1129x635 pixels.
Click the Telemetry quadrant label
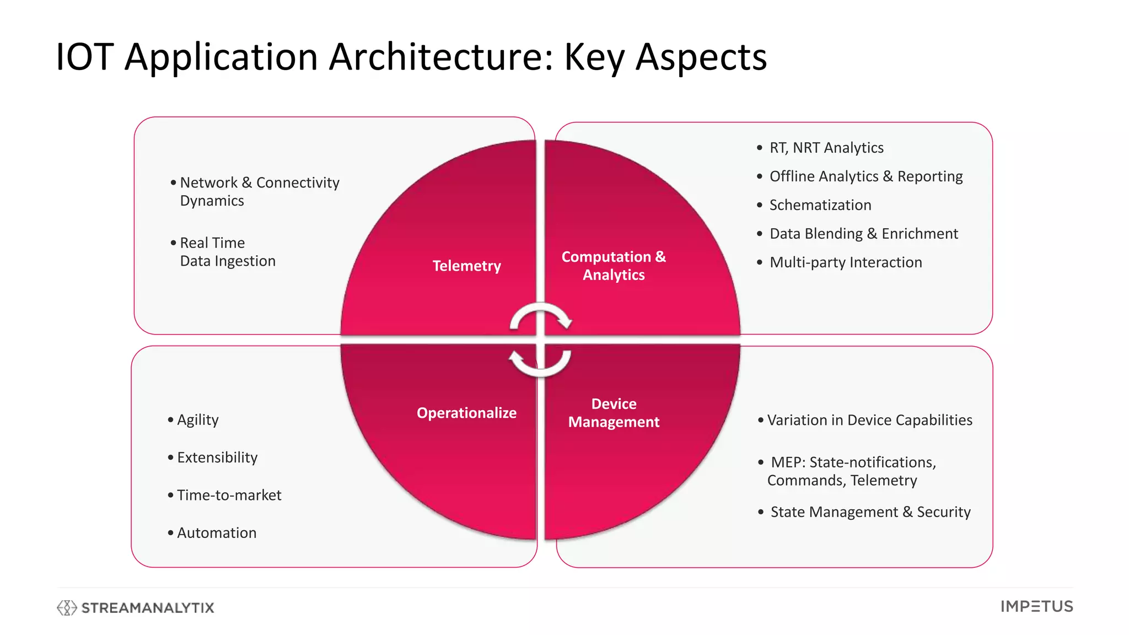tap(466, 266)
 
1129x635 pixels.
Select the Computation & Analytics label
tap(614, 266)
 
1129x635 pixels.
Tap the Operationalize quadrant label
tap(466, 413)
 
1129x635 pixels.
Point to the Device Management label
tap(614, 413)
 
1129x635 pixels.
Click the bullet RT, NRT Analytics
tap(826, 148)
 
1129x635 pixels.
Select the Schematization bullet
tap(820, 205)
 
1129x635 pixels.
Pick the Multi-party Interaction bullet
tap(846, 262)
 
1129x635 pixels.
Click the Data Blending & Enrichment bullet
tap(863, 234)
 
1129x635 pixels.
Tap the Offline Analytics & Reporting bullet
tap(865, 176)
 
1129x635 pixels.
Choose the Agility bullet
tap(197, 420)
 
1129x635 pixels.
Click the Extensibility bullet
tap(217, 458)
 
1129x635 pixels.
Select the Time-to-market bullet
tap(229, 495)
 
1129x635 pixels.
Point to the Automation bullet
tap(217, 533)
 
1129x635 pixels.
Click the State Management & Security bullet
tap(870, 512)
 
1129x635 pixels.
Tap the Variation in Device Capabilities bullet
tap(869, 420)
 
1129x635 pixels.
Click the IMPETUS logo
tap(1036, 607)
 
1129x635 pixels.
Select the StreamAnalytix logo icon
tap(67, 607)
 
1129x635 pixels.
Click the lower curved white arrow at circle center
tap(540, 364)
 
